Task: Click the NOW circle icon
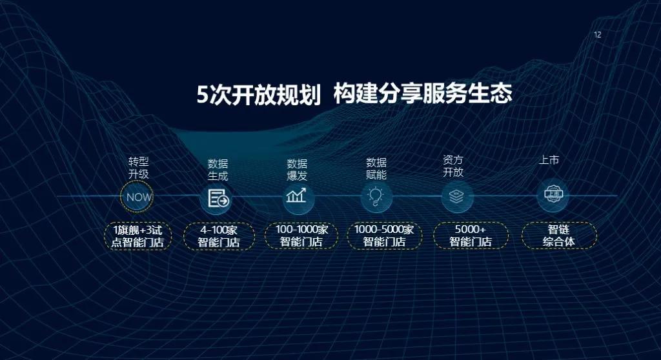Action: click(138, 197)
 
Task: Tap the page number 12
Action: click(597, 35)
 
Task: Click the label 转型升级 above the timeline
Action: click(138, 168)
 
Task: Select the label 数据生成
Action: click(218, 169)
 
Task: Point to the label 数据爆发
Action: click(297, 169)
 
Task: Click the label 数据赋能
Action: click(376, 169)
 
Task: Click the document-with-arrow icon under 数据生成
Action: click(218, 197)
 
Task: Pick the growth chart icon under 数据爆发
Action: click(298, 196)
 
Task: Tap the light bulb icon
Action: click(376, 196)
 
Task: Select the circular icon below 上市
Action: click(553, 195)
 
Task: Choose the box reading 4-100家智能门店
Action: click(219, 236)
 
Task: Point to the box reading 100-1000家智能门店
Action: click(301, 236)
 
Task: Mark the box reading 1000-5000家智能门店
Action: click(385, 236)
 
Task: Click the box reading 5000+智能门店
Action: click(471, 236)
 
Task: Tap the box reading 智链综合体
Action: click(559, 236)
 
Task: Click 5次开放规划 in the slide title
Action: click(258, 95)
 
